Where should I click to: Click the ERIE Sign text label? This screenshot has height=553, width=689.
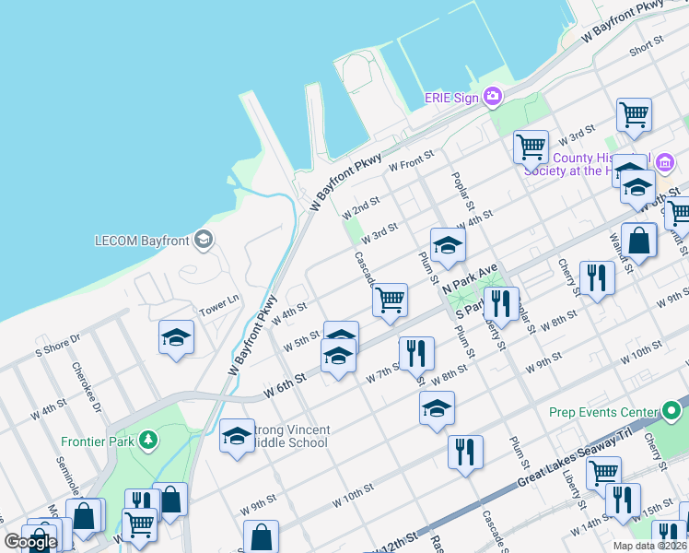(451, 97)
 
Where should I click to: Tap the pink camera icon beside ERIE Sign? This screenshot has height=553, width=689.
(493, 96)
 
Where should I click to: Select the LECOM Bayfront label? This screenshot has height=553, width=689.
(142, 241)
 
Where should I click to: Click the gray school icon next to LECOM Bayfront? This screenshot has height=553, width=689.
(204, 241)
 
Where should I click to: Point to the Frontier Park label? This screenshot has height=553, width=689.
(96, 441)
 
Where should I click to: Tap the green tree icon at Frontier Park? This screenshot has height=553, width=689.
(146, 441)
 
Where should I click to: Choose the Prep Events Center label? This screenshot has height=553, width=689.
(604, 412)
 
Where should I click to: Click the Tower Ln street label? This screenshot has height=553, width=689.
(220, 301)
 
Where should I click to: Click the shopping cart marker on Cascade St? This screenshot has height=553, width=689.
(391, 300)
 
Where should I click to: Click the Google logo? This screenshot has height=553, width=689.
(30, 542)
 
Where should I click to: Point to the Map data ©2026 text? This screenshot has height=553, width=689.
(648, 546)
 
